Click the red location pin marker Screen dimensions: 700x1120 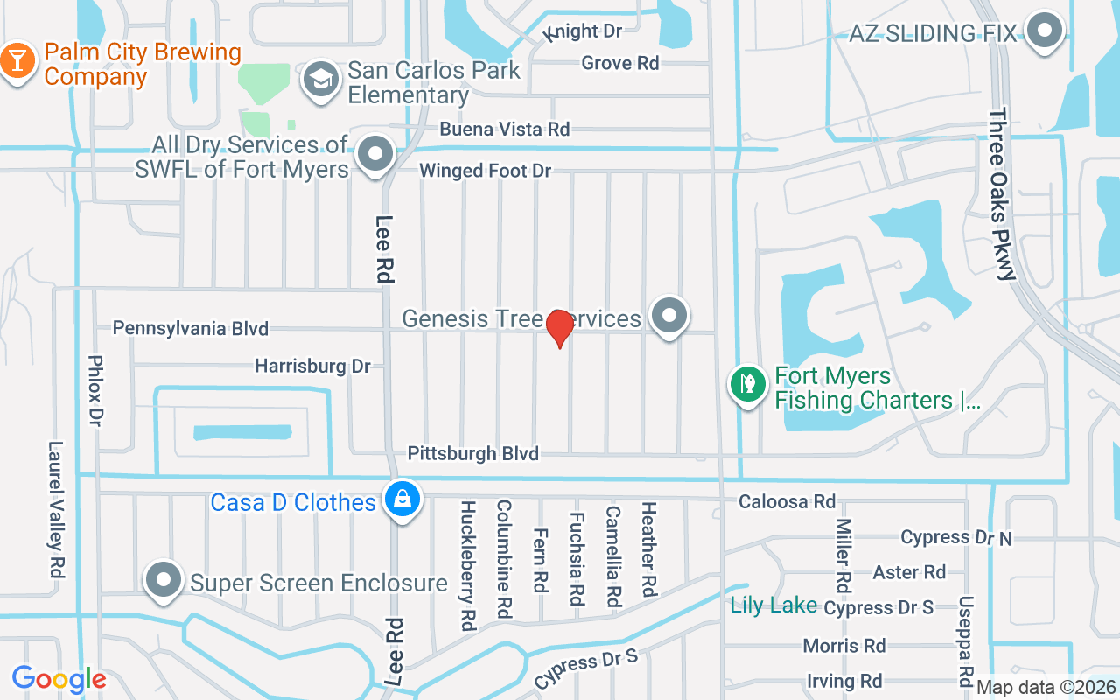[x=559, y=329]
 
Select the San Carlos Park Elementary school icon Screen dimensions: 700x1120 [x=320, y=80]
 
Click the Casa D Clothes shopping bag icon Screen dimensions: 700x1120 [x=402, y=499]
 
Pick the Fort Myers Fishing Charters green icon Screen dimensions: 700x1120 [x=747, y=384]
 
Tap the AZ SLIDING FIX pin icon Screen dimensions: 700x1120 [x=1043, y=31]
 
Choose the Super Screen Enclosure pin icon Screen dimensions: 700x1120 [x=163, y=580]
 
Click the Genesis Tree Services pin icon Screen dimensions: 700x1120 [x=670, y=315]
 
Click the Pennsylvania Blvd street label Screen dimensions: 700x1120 [x=191, y=329]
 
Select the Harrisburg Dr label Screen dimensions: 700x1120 [x=312, y=366]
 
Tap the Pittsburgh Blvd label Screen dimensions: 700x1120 [x=472, y=453]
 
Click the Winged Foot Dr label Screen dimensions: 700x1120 [x=486, y=171]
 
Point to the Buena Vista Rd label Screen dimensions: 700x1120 [x=505, y=129]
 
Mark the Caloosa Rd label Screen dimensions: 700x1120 [x=787, y=501]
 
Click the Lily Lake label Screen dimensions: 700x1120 [x=774, y=605]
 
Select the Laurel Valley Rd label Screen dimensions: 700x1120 [x=57, y=508]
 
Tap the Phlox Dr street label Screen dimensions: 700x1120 [x=96, y=390]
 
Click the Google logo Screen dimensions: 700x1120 [x=59, y=679]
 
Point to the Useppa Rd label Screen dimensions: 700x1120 [x=966, y=641]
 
